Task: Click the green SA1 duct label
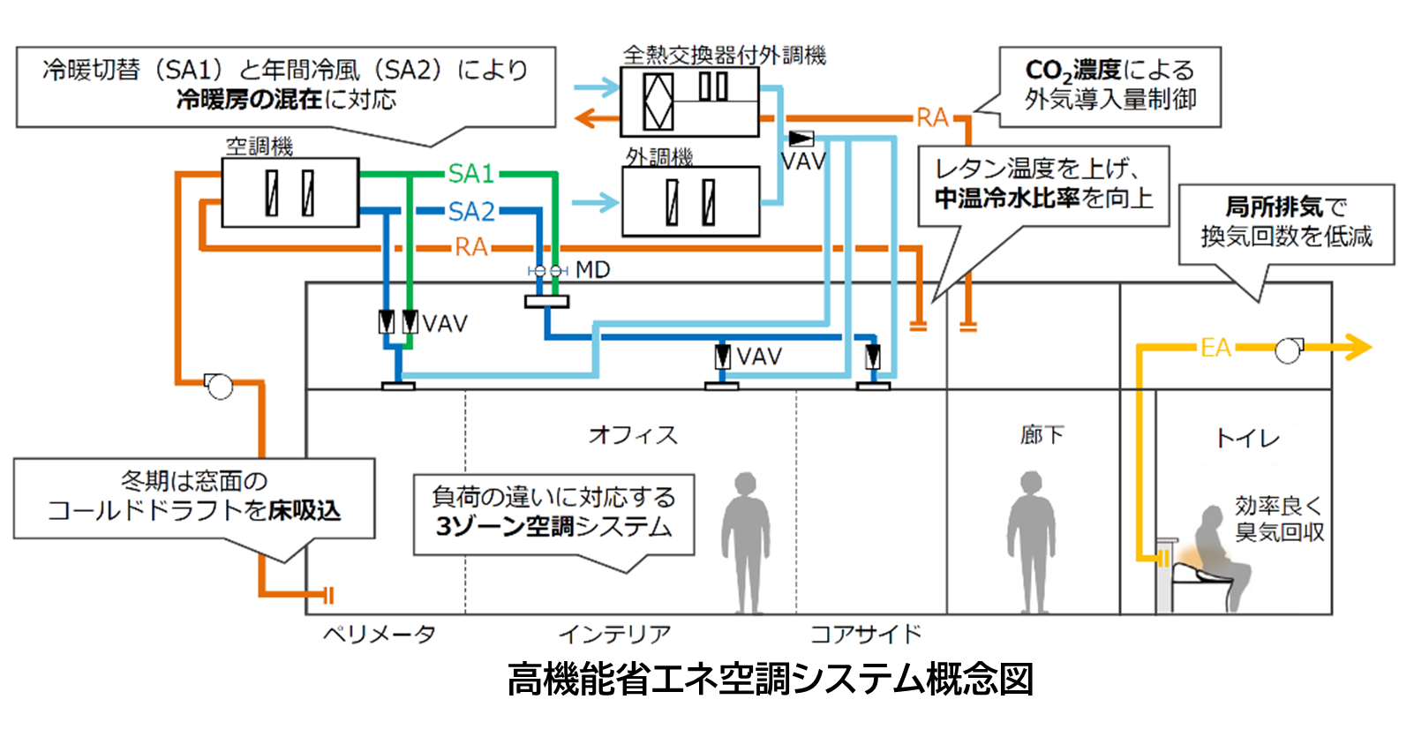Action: tap(470, 174)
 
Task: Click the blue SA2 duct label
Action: tap(470, 212)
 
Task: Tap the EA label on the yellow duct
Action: tap(1215, 348)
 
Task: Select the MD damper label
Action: tap(592, 270)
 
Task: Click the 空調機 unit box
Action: tap(290, 192)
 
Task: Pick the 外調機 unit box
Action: tap(690, 202)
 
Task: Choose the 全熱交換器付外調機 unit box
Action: tap(689, 102)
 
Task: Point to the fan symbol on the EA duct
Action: tap(1289, 350)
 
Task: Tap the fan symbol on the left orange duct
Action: tap(218, 386)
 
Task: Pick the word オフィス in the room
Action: tap(633, 435)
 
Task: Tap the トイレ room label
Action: tap(1246, 439)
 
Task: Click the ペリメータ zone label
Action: tap(379, 635)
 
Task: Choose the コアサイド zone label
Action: tap(865, 635)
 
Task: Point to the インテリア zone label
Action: tap(614, 635)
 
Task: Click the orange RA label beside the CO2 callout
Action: tap(932, 117)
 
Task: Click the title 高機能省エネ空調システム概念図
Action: tap(770, 681)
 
